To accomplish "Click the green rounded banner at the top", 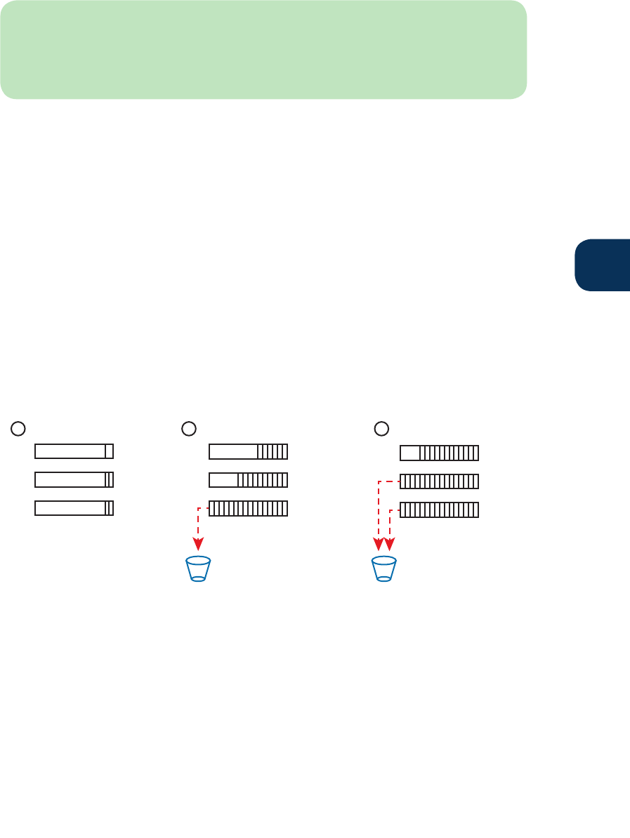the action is coord(263,49).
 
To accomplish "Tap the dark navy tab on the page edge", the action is coord(603,265).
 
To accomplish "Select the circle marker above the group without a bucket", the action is coord(19,427).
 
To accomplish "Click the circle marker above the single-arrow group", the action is coord(188,427).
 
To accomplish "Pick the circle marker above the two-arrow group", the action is coord(381,427).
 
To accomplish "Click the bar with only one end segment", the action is coord(74,451).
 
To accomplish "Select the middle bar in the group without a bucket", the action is coord(74,480).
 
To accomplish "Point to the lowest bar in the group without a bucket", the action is coord(74,508).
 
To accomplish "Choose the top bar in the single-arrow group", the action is coord(248,451).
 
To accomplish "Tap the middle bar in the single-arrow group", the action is coord(248,480).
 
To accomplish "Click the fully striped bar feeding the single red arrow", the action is coord(248,508).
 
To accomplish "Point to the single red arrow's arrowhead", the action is coord(199,543).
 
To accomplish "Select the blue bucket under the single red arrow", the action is coord(198,569).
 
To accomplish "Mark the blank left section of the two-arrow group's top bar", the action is coord(409,453).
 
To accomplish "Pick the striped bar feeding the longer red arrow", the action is coord(439,481).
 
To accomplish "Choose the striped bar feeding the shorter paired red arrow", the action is coord(439,510).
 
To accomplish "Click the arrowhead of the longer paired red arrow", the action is coord(379,545).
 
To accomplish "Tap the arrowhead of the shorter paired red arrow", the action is coord(390,545).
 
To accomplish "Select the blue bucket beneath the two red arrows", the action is coord(384,569).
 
